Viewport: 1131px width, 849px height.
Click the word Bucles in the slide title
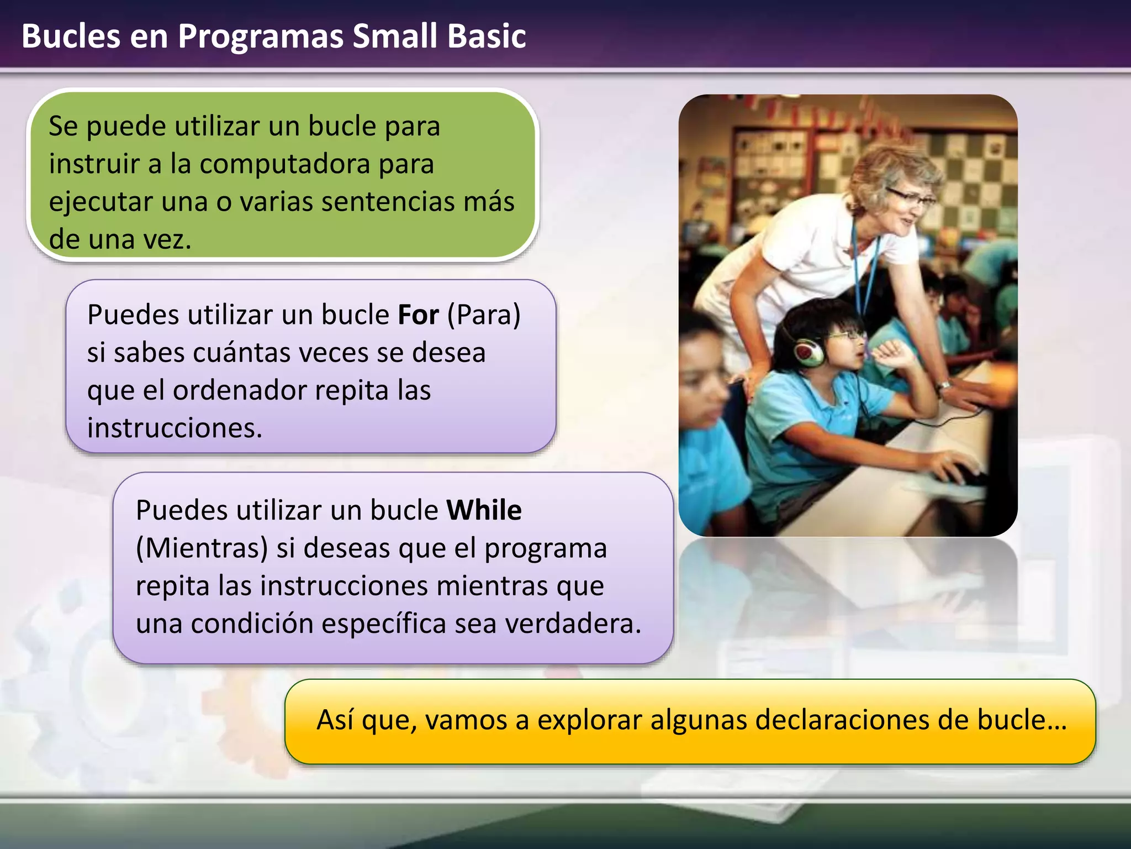tap(71, 36)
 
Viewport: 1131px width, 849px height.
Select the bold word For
tap(418, 315)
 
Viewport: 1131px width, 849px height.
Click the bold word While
tap(484, 510)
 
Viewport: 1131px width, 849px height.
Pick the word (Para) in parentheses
tap(484, 315)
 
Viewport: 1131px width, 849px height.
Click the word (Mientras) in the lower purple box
tap(202, 548)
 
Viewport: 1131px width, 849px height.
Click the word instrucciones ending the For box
tap(175, 428)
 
